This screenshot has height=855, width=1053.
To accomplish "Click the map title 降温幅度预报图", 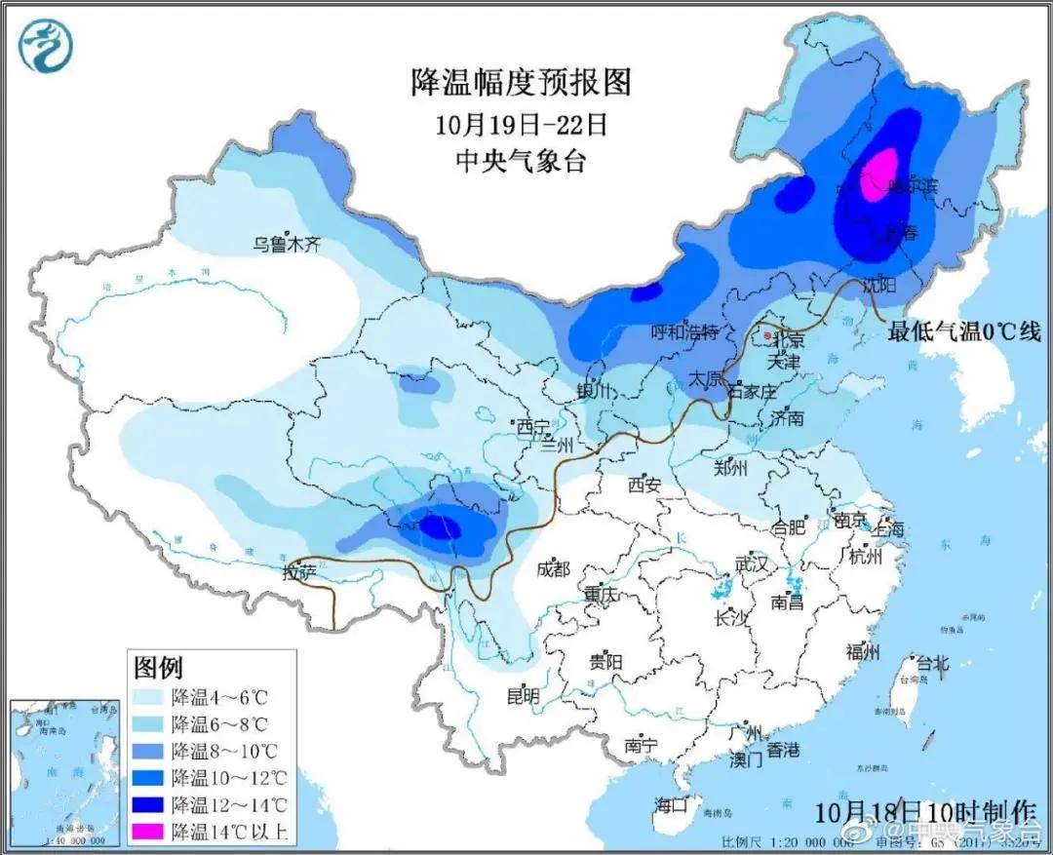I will (521, 82).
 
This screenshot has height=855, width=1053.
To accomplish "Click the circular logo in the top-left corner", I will (46, 47).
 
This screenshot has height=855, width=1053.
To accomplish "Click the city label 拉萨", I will (300, 572).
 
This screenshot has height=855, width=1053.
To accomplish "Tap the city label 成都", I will (552, 568).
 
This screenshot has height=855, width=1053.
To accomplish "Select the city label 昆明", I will (523, 695).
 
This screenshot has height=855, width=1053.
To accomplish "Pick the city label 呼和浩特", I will (684, 332).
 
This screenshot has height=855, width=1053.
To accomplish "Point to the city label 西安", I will (644, 483).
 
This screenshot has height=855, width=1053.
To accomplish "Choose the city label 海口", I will (672, 805).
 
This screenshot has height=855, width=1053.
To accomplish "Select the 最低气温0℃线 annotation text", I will (963, 332).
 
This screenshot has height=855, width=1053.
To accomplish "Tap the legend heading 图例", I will (158, 668).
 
